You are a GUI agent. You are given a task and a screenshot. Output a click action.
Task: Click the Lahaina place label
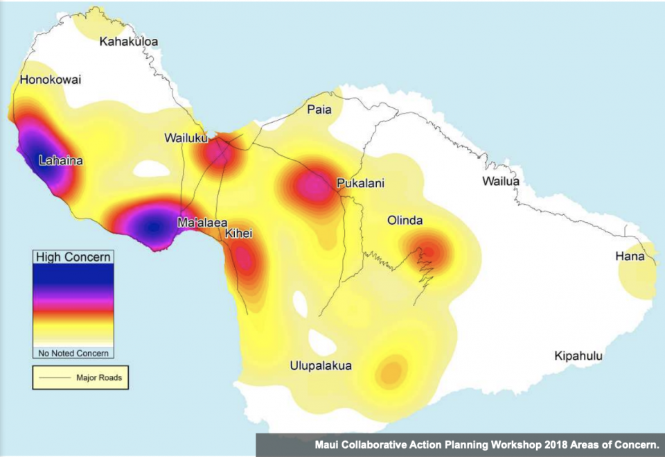point(60,161)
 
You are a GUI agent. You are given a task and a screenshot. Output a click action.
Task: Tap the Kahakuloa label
point(129,42)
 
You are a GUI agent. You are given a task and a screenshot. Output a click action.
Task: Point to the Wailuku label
point(186,138)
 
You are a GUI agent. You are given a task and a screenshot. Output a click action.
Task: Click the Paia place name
point(319,110)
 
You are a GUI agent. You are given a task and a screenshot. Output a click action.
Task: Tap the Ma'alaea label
point(202,223)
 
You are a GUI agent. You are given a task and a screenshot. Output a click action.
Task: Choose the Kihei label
point(238,234)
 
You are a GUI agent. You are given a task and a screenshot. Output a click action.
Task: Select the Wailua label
point(500,182)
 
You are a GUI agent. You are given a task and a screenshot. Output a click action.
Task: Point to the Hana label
point(630,257)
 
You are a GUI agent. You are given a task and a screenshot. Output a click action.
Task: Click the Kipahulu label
point(578,356)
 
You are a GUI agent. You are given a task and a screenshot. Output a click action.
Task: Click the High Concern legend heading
point(73,257)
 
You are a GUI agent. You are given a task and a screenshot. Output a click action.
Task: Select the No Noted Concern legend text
point(73,353)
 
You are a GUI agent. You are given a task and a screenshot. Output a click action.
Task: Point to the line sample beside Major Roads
point(57,378)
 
